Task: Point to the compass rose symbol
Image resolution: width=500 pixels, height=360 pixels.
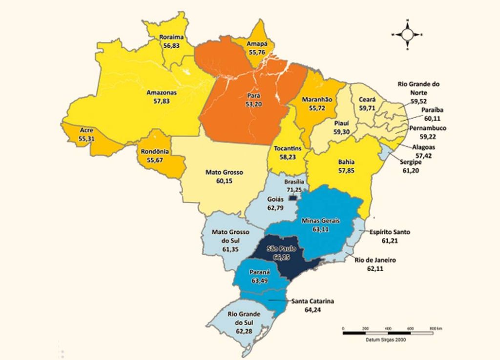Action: [x=407, y=35]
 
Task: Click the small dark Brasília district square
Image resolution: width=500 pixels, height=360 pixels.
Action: [x=292, y=198]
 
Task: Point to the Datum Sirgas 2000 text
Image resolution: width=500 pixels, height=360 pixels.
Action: [x=384, y=339]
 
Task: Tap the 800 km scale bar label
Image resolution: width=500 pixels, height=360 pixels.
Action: [x=436, y=328]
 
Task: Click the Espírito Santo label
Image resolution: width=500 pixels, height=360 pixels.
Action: [x=390, y=232]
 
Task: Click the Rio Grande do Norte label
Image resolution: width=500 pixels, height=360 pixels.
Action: [x=418, y=88]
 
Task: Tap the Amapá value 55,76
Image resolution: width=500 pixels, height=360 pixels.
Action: [x=259, y=51]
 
